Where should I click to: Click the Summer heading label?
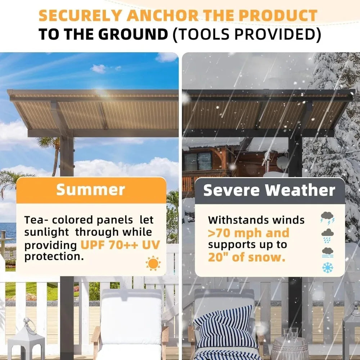91,190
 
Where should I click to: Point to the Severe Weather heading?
269,190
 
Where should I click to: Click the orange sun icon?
153,263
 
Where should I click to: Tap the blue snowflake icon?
327,267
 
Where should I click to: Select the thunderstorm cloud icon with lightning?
327,218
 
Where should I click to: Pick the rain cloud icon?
327,235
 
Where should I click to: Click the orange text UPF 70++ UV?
120,245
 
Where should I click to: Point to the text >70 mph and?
248,233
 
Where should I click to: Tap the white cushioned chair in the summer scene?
130,320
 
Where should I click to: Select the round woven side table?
289,348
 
